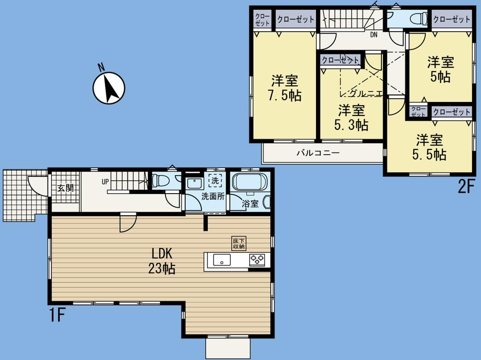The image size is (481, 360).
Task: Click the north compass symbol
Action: [x=109, y=88]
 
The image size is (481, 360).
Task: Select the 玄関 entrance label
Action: [x=65, y=188]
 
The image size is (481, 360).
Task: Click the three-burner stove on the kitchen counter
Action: [x=256, y=260]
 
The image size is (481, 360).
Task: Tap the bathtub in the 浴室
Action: [x=250, y=183]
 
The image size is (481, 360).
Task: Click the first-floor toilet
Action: [x=161, y=181]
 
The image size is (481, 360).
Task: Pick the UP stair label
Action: [x=105, y=182]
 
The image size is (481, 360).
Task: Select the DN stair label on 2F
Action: [x=374, y=35]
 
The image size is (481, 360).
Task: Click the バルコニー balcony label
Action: [x=318, y=153]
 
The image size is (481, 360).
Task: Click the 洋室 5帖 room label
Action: [x=441, y=69]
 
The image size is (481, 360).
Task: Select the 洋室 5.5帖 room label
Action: [x=430, y=147]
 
